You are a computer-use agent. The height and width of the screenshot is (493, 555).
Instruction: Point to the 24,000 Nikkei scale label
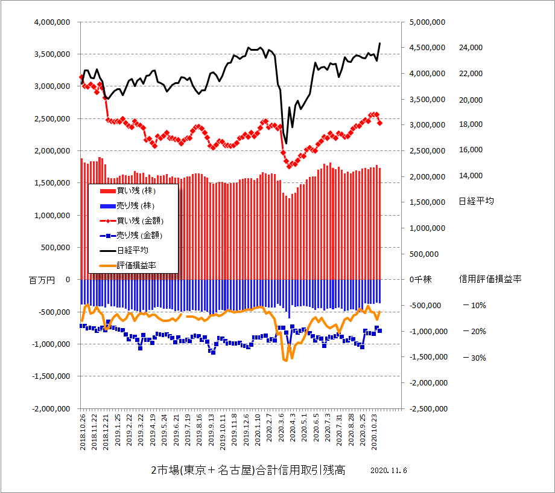[x=471, y=48]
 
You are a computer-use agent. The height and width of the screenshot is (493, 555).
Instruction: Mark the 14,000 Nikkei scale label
[x=471, y=176]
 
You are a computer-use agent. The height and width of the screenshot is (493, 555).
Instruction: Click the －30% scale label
[x=474, y=358]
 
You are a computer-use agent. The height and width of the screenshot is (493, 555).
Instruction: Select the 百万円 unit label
[x=41, y=280]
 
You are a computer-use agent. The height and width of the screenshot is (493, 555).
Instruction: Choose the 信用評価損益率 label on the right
[x=490, y=279]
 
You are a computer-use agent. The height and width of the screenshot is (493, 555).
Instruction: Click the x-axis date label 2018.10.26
[x=83, y=431]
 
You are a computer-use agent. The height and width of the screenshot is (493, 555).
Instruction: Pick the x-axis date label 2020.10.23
[x=375, y=431]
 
